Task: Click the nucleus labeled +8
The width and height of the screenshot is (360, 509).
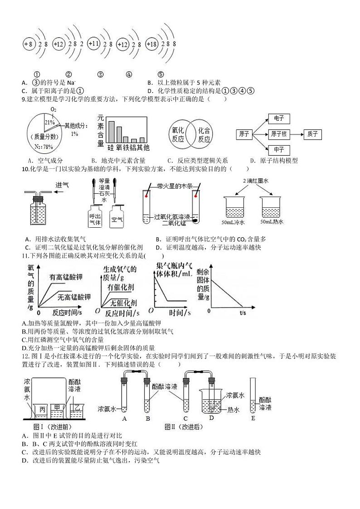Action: click(28, 44)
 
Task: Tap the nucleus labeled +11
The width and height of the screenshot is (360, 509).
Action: click(93, 44)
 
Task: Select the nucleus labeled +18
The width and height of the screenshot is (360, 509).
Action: click(151, 44)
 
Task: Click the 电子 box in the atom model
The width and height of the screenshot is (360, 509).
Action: click(279, 119)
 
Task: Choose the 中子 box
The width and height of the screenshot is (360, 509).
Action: click(279, 149)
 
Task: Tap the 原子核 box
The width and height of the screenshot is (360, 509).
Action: click(278, 134)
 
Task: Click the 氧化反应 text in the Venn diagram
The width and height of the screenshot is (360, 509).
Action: click(178, 135)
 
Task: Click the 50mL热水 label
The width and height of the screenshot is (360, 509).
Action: click(272, 222)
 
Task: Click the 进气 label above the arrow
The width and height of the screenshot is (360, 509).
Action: click(62, 185)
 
